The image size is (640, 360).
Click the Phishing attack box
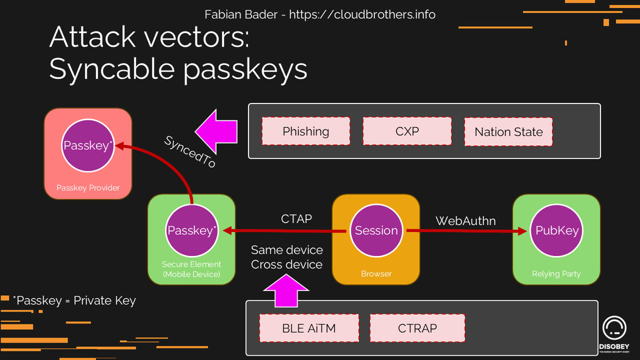point(306,131)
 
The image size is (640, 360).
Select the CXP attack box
point(407,131)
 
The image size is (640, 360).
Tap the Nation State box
point(509,132)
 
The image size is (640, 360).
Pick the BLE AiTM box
point(309,328)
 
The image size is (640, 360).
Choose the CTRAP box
point(418,328)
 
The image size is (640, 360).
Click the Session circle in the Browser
point(377,230)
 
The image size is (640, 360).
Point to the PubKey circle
point(557,230)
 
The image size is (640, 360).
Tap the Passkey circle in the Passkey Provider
point(88,146)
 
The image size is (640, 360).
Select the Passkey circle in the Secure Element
point(192,230)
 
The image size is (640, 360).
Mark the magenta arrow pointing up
point(286,291)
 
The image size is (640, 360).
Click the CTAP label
point(297,219)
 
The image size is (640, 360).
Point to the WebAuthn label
point(466,221)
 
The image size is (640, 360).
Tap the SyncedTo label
point(190,151)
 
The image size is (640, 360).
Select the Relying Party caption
point(556,274)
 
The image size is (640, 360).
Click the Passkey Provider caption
point(88,188)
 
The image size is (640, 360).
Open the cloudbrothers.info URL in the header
point(362,14)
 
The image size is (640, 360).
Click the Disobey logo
point(614,334)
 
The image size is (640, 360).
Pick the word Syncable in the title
point(112,69)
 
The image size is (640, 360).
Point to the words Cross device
point(286,265)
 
